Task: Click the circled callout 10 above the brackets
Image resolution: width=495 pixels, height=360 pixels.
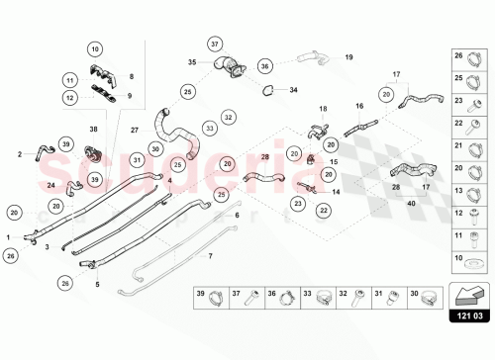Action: point(94,48)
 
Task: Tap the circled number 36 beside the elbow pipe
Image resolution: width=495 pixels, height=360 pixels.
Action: point(264,66)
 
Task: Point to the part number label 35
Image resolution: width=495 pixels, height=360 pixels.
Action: point(193,62)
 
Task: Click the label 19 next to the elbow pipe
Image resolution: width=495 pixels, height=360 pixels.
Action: point(348,57)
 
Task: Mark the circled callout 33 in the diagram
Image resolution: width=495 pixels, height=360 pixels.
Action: point(210,128)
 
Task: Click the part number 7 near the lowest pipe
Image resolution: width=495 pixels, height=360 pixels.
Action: point(209,255)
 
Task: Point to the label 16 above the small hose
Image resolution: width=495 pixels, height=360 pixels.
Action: point(359,106)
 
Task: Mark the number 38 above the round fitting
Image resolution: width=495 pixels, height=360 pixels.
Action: point(93,130)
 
